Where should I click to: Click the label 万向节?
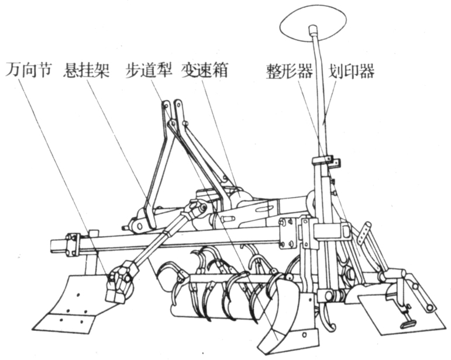pos(28,70)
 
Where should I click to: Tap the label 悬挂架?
pos(87,70)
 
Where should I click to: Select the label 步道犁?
pos(149,70)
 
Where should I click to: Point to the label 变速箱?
pos(205,70)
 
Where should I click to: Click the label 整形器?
pos(290,70)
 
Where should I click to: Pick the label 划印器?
pos(352,70)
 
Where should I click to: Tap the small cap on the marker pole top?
pos(312,30)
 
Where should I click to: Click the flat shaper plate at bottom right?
pos(402,313)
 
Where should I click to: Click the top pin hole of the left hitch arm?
pos(166,106)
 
